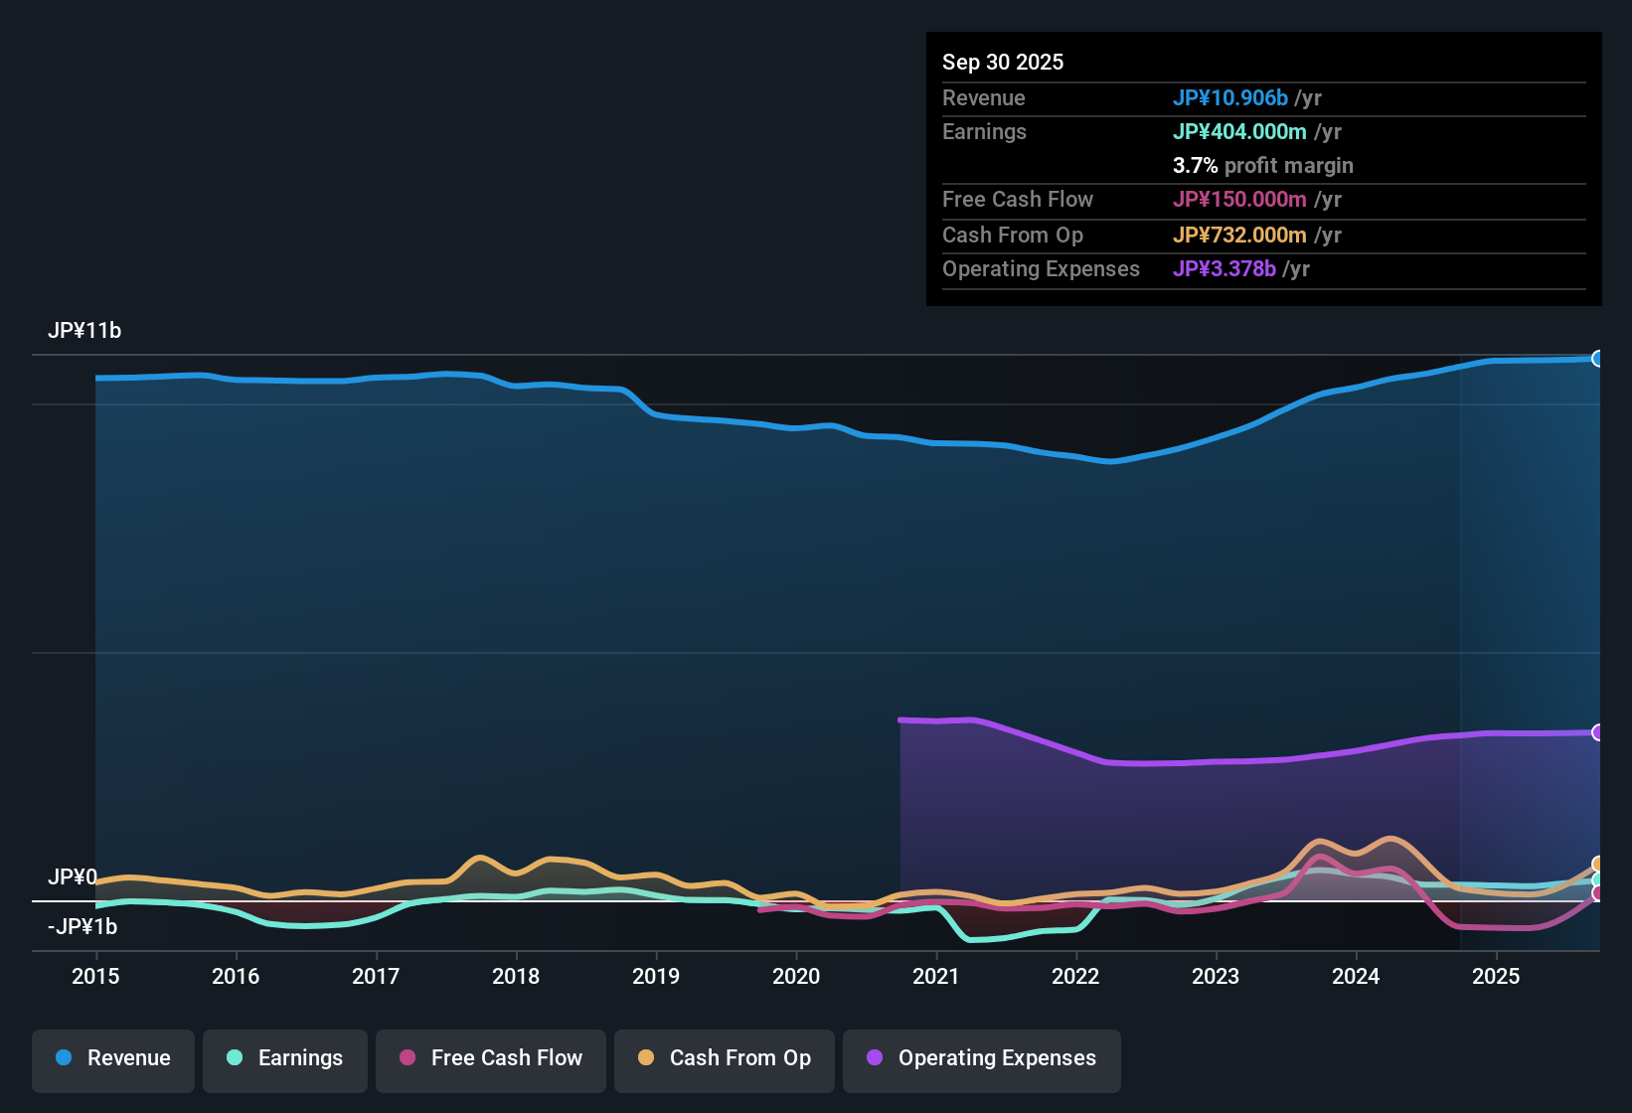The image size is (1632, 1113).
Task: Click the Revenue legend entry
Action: click(x=112, y=1058)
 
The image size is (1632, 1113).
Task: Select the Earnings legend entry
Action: click(x=284, y=1058)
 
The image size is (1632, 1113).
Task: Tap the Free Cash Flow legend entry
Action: click(x=490, y=1058)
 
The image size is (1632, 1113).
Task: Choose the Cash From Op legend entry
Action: click(x=724, y=1058)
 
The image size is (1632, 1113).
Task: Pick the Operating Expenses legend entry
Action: click(x=981, y=1058)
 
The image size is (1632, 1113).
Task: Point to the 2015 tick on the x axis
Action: click(x=95, y=976)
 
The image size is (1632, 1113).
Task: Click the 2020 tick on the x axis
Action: click(x=796, y=976)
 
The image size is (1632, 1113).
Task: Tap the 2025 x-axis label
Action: click(x=1496, y=976)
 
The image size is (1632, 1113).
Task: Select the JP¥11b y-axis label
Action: click(x=84, y=331)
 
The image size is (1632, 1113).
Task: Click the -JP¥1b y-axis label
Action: click(x=82, y=927)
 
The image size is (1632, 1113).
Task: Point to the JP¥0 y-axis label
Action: click(x=73, y=877)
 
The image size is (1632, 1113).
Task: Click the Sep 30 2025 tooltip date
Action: click(x=1002, y=63)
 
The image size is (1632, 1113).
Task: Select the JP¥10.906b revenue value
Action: click(x=1229, y=98)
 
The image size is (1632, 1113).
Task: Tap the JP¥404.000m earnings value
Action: click(x=1238, y=132)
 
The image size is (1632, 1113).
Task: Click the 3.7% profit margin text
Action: click(x=1262, y=166)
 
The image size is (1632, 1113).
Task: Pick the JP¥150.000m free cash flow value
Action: click(x=1238, y=200)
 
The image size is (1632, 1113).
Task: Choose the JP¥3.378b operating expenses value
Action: click(x=1224, y=269)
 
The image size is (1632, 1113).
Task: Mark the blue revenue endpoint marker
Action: click(x=1597, y=359)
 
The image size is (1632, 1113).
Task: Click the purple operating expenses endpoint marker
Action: click(x=1597, y=732)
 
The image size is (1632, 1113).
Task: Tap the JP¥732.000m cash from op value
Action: click(x=1238, y=236)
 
